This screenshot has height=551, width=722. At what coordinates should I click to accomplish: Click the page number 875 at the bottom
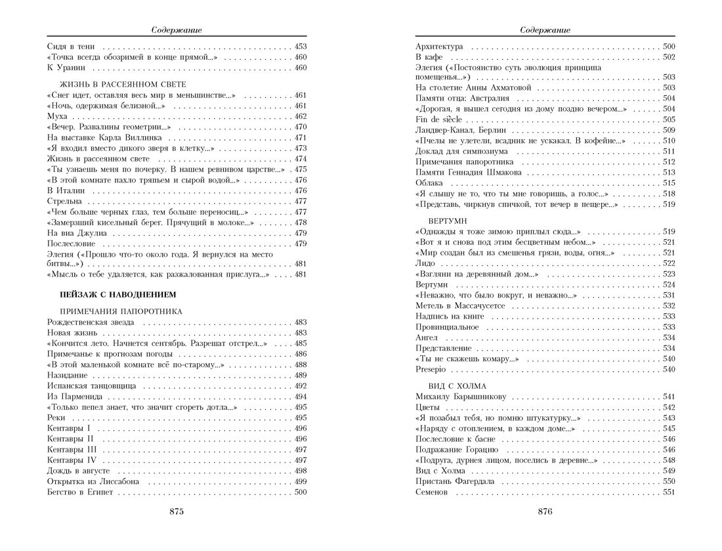pos(177,512)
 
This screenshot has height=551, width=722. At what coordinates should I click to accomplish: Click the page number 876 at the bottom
pos(545,512)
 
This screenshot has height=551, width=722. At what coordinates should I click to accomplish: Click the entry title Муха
pos(58,116)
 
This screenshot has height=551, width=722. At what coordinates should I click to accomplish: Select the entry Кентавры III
pos(74,450)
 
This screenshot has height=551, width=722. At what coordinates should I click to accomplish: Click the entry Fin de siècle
pos(439,119)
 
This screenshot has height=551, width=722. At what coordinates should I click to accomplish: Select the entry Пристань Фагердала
pos(455,481)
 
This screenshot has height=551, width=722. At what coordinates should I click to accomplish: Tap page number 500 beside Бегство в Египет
pos(301,492)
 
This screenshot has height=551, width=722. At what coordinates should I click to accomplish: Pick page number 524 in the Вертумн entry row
pos(669,284)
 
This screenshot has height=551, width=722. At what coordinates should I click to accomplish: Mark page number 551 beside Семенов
pos(669,492)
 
